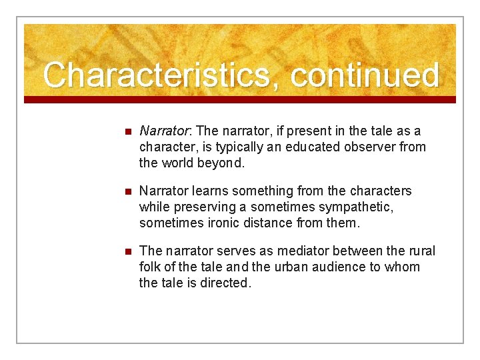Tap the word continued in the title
tap(365, 75)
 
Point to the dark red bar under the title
tap(240, 99)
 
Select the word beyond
tap(227, 162)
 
